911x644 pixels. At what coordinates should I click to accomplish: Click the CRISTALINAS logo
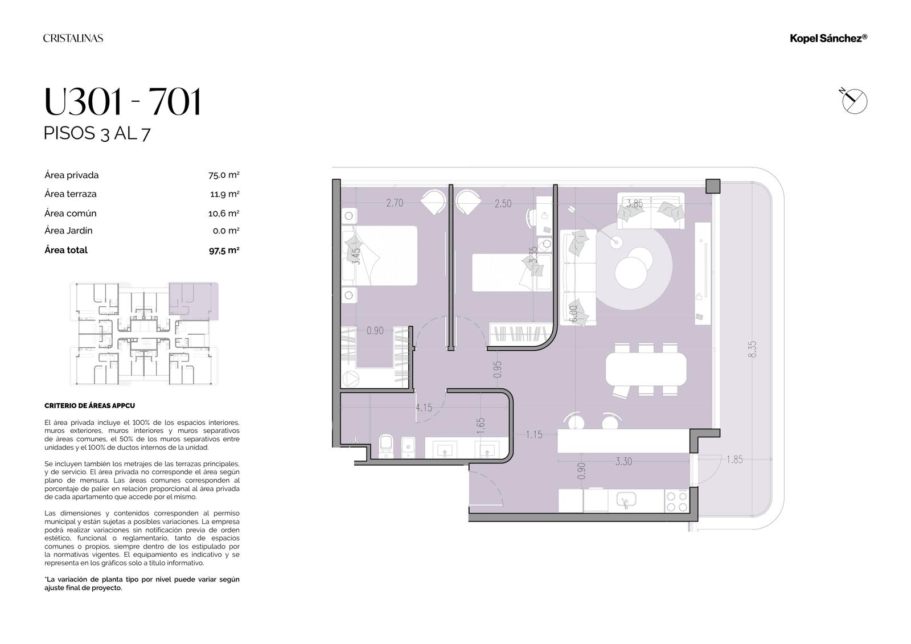coord(73,38)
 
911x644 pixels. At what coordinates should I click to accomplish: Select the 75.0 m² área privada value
coord(224,175)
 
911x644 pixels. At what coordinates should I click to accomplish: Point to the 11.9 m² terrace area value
coord(224,194)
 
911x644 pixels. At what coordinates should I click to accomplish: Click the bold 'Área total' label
coord(66,250)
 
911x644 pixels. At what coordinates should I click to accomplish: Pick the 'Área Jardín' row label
coord(68,231)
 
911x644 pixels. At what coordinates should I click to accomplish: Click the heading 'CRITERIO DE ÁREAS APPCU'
coord(89,405)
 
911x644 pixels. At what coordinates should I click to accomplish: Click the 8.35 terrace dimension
coord(752,349)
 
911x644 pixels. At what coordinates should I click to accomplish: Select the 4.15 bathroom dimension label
coord(424,407)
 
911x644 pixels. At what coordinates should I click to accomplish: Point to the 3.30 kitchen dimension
coord(623,461)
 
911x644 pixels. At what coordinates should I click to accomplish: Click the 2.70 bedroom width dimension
coord(395,203)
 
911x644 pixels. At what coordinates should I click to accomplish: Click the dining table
coord(646,369)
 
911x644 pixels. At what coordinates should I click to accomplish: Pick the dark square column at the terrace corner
coord(712,186)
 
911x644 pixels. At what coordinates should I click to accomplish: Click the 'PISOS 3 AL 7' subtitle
coord(97,133)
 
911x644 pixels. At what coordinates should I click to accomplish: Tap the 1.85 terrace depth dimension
coord(734,460)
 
